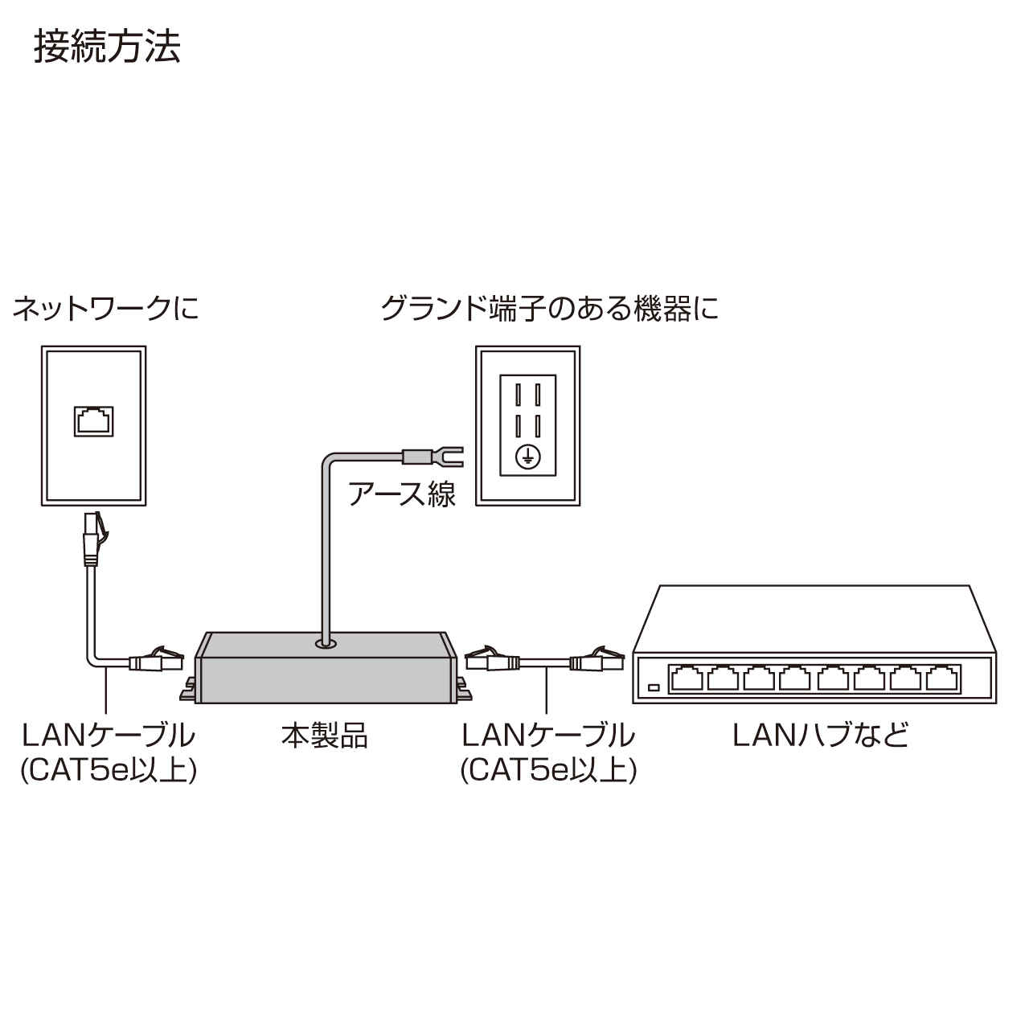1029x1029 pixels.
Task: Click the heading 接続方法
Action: click(107, 47)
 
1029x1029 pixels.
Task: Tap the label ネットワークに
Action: click(105, 309)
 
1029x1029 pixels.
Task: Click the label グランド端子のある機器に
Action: click(549, 309)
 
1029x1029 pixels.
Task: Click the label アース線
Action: click(402, 493)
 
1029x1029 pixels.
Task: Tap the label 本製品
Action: click(324, 735)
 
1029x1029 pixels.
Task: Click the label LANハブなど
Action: click(821, 735)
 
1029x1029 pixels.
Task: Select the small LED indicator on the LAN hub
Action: click(654, 688)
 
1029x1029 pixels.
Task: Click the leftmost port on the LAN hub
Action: click(687, 678)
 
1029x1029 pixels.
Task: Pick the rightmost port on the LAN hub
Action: click(944, 678)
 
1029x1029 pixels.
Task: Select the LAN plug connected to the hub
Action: click(599, 662)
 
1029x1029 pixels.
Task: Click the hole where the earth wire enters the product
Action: click(326, 643)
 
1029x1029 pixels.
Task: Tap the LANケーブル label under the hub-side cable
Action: click(548, 735)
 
